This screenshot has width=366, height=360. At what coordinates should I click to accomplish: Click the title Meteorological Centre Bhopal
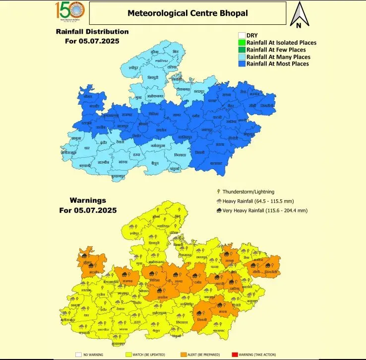pyautogui.click(x=188, y=13)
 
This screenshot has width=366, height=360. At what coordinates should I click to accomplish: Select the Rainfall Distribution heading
pyautogui.click(x=92, y=32)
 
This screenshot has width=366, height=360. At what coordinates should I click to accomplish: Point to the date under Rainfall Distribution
pyautogui.click(x=92, y=41)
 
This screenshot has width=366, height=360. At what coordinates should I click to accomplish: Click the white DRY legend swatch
pyautogui.click(x=242, y=36)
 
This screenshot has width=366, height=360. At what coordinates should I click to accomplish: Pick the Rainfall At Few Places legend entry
pyautogui.click(x=276, y=50)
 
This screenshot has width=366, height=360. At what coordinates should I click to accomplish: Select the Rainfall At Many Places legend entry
pyautogui.click(x=278, y=57)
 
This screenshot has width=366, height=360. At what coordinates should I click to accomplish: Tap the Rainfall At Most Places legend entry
pyautogui.click(x=277, y=63)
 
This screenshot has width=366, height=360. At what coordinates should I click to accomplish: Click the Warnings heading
pyautogui.click(x=87, y=201)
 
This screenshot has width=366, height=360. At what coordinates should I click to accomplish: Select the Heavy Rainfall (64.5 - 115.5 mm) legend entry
pyautogui.click(x=261, y=201)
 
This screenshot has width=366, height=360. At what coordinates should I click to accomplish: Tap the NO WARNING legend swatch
pyautogui.click(x=78, y=355)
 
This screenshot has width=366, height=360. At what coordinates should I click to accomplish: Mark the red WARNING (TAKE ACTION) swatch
pyautogui.click(x=235, y=355)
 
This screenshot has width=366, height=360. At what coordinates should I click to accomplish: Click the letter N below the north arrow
pyautogui.click(x=299, y=25)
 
